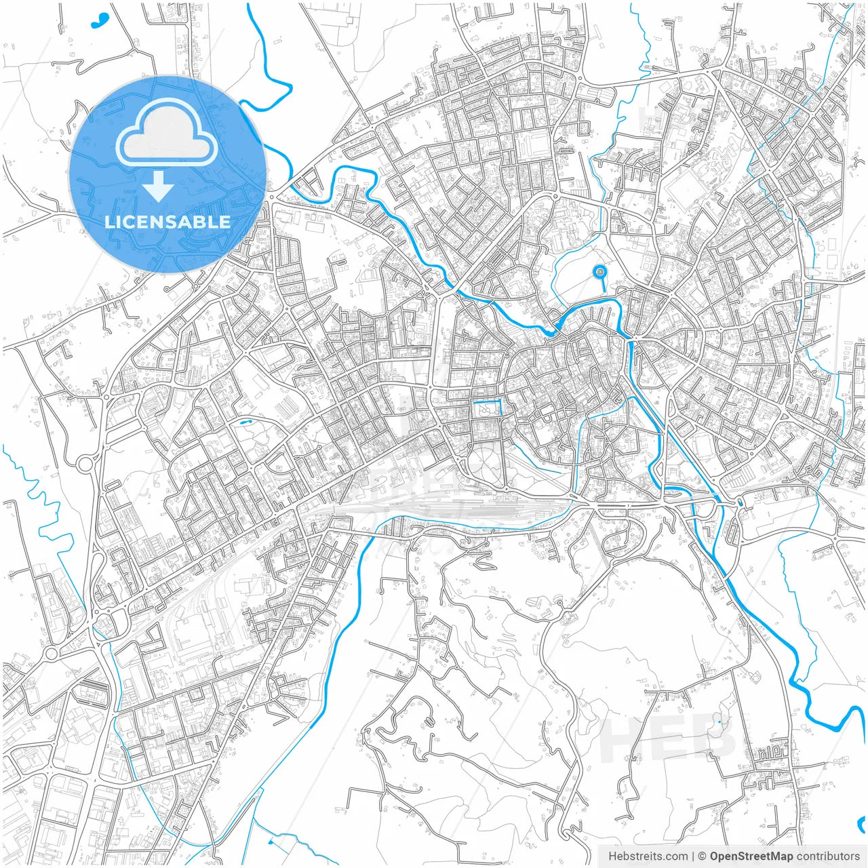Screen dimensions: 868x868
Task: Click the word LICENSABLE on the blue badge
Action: click(167, 222)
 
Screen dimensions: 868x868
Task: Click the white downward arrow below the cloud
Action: click(159, 187)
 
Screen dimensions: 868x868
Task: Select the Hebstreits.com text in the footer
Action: click(648, 856)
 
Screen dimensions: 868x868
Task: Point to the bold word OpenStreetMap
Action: click(751, 856)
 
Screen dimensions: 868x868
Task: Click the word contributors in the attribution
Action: click(828, 856)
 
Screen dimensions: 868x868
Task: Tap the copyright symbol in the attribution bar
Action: click(703, 856)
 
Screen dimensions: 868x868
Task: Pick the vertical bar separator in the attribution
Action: click(692, 856)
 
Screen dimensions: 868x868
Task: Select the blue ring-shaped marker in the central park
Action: click(599, 273)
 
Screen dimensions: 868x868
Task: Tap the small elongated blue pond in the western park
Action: click(245, 422)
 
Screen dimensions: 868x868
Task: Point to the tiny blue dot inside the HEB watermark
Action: click(719, 722)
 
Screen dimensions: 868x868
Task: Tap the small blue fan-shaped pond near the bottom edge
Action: click(272, 843)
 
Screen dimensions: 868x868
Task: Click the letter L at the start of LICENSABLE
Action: click(109, 222)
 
